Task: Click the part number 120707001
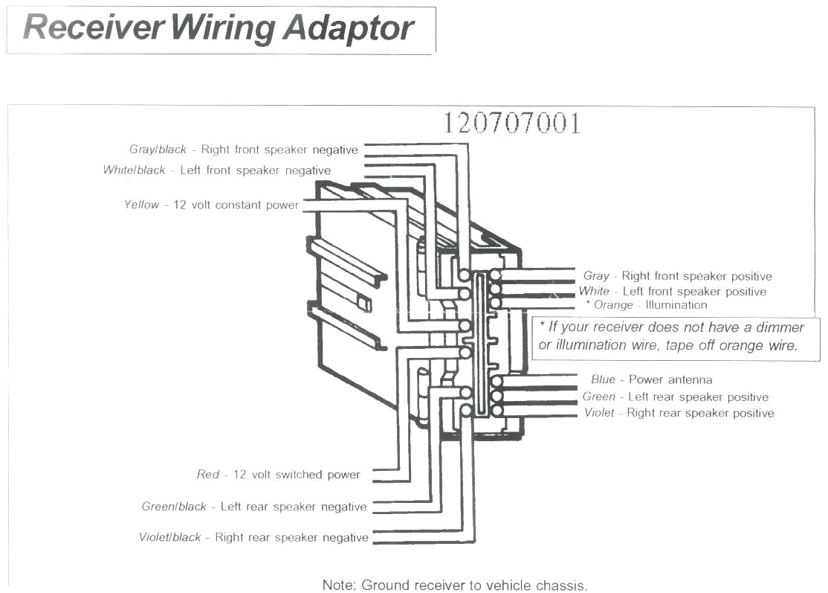tap(511, 124)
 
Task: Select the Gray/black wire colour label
tap(158, 150)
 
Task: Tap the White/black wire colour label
tap(134, 170)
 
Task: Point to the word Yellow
tap(141, 205)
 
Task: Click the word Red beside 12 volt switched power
tap(208, 475)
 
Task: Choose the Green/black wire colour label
tap(174, 507)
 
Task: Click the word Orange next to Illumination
tap(613, 305)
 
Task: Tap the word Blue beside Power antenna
tap(603, 379)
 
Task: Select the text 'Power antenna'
tap(670, 379)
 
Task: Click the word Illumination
tap(676, 305)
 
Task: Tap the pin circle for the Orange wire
tap(495, 304)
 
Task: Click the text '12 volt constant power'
tap(236, 205)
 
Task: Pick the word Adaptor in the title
tap(348, 28)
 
